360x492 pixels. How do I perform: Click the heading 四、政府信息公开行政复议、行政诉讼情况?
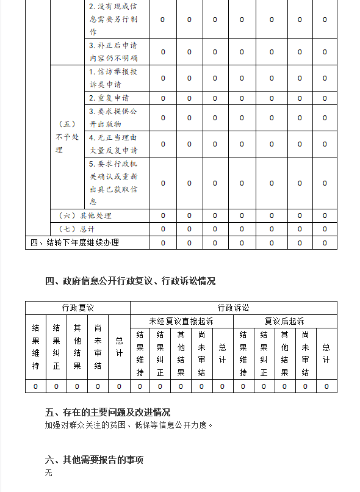pos(130,281)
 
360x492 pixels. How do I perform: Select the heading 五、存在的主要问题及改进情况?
pos(107,412)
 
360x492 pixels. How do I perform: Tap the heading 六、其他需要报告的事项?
pos(94,460)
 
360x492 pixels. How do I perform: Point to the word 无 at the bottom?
pos(49,472)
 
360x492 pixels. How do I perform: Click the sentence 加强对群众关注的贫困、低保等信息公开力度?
pos(129,425)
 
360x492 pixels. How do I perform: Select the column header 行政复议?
pos(77,308)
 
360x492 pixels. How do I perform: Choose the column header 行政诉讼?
pos(233,308)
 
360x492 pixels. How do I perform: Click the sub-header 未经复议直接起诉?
pos(181,321)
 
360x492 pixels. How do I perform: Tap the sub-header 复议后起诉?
pos(284,321)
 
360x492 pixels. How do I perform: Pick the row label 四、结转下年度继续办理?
pos(75,242)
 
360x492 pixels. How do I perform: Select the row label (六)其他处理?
pos(85,215)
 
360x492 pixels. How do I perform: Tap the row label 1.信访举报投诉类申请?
pos(113,78)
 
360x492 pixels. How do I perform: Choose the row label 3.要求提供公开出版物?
pos(113,118)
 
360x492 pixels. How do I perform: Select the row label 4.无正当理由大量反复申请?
pos(113,144)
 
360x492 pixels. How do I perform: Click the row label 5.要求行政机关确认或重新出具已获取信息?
pos(113,183)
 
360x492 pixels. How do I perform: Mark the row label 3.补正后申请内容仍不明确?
pos(113,52)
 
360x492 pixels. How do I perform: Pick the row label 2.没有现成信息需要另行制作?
pos(113,20)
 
